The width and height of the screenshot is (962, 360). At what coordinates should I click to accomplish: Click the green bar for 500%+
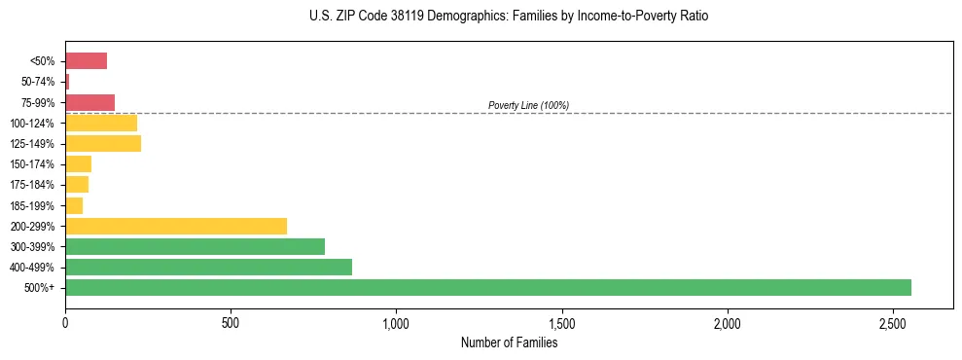(x=487, y=287)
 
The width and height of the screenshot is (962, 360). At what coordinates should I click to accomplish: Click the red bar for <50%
(x=86, y=61)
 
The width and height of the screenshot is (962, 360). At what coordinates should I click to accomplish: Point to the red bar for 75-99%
(x=89, y=102)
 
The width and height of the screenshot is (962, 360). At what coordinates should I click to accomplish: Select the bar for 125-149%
(x=103, y=143)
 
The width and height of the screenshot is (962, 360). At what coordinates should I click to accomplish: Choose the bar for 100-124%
(x=101, y=123)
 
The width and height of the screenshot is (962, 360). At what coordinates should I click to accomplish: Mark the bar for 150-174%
(x=78, y=163)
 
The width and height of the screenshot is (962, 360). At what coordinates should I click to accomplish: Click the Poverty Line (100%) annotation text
(x=528, y=105)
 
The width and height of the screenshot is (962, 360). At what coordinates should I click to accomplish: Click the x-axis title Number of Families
(x=509, y=342)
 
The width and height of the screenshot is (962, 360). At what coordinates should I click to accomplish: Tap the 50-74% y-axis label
(x=39, y=82)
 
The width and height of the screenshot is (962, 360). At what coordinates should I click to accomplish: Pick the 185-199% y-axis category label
(x=34, y=205)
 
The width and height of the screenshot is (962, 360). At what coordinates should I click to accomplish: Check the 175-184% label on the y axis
(x=34, y=185)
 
